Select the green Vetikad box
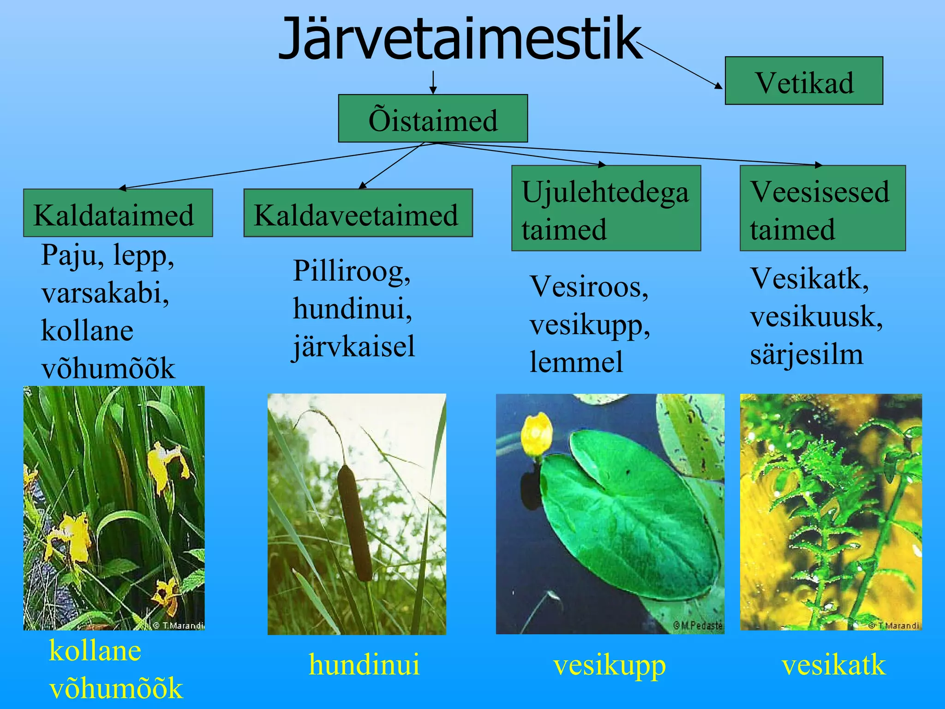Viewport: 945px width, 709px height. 803,81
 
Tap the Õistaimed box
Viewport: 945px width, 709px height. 432,119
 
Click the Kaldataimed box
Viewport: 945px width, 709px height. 118,213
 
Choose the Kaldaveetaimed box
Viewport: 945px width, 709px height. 358,213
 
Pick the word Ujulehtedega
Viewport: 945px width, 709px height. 604,192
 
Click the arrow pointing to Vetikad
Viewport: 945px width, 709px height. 680,65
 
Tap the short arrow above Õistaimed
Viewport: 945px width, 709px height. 433,82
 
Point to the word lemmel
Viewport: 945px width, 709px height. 576,362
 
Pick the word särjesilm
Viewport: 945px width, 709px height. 806,354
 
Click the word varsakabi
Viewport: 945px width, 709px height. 105,293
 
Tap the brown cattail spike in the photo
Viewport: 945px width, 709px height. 354,522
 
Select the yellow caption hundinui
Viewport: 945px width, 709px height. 364,665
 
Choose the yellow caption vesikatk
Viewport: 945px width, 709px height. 833,665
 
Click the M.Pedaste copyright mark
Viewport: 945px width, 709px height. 697,625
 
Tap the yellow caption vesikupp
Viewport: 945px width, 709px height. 609,666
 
